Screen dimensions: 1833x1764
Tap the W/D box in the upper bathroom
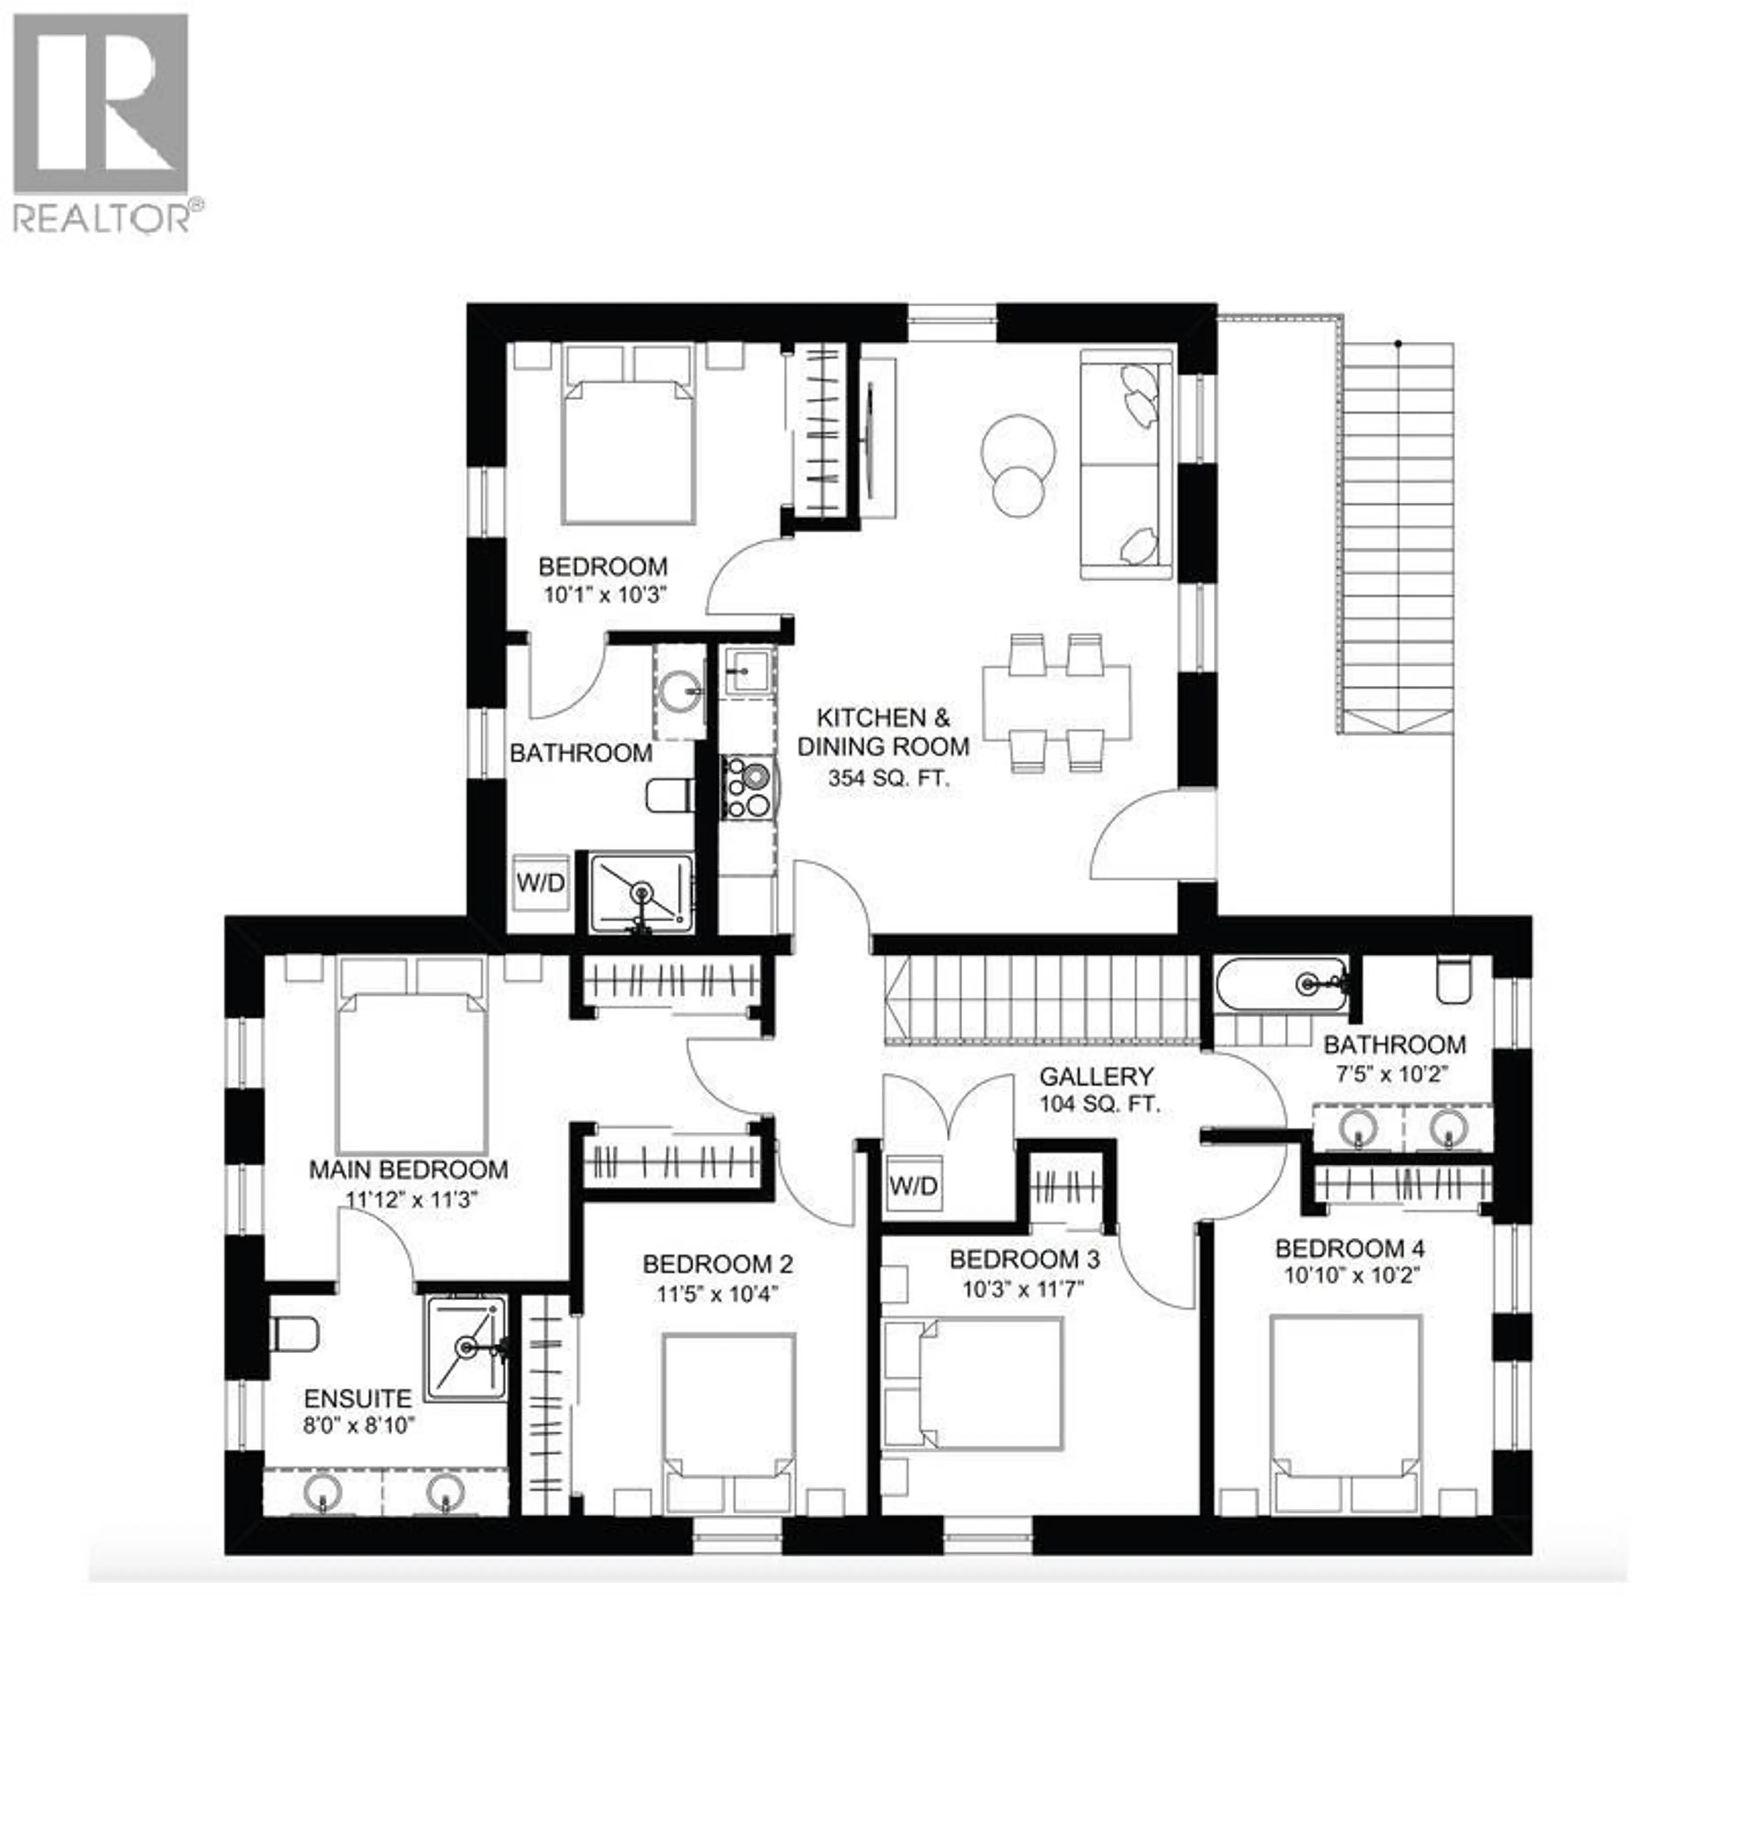coord(541,882)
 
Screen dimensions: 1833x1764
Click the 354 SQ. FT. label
coord(888,777)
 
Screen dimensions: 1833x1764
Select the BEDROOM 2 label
coord(718,1264)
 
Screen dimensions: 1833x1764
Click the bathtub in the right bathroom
coord(1280,982)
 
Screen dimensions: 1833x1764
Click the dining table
coord(1055,701)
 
